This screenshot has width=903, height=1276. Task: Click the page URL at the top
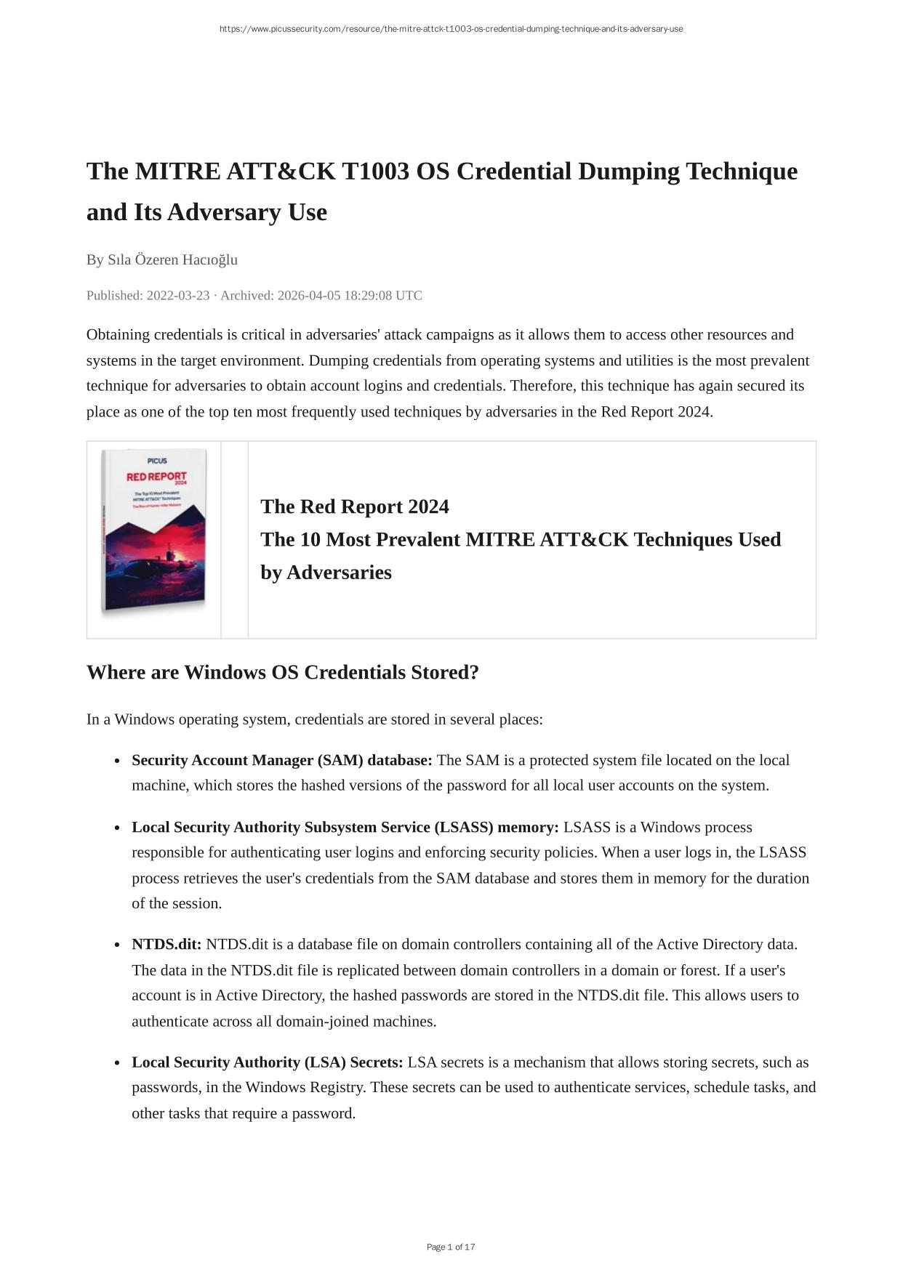click(451, 29)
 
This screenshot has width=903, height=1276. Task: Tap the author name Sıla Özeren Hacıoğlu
click(172, 260)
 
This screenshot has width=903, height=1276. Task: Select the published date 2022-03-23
click(178, 296)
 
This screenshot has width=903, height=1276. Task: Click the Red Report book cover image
click(154, 533)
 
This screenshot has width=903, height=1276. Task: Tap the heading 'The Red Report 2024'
click(355, 506)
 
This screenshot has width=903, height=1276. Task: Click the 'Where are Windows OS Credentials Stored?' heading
click(283, 673)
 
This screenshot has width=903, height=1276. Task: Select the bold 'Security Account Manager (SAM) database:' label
click(282, 761)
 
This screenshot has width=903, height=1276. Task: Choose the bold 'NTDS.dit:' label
click(166, 945)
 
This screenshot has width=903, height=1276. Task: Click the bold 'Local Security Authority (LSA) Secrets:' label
click(267, 1062)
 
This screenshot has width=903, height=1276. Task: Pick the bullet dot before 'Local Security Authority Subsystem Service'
click(116, 828)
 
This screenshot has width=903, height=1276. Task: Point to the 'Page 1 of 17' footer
click(451, 1248)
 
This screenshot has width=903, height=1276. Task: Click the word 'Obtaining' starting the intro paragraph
click(119, 335)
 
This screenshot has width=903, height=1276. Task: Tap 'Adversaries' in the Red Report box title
click(339, 573)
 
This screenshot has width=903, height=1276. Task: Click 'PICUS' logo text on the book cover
click(157, 461)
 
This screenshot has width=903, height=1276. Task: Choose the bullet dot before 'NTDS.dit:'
click(116, 945)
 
